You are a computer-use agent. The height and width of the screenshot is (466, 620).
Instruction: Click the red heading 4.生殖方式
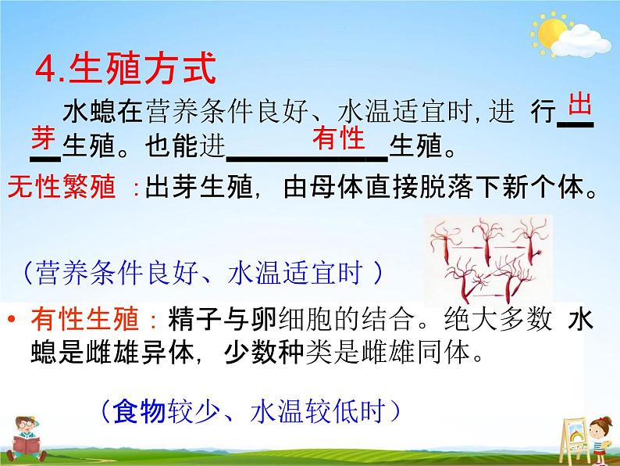tap(126, 69)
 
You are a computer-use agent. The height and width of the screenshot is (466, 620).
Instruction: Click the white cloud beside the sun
tap(581, 41)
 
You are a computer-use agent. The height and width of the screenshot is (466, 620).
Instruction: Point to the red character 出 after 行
tap(579, 104)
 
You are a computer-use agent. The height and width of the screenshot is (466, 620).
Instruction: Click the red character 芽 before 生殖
tap(44, 137)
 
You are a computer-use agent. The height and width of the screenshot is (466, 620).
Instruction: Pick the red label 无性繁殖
tap(62, 186)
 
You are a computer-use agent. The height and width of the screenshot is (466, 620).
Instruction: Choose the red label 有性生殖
tap(85, 319)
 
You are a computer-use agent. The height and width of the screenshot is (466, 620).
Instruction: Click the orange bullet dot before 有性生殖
tap(12, 319)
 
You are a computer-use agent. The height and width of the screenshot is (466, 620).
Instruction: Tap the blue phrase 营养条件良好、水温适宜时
tap(200, 272)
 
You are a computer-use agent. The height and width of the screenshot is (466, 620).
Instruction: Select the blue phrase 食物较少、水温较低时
tap(249, 411)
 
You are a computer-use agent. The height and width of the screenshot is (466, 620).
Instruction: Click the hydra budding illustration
tap(489, 260)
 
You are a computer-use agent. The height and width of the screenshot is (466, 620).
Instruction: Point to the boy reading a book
tap(25, 439)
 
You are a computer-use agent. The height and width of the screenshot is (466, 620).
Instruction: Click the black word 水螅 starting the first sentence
tap(89, 111)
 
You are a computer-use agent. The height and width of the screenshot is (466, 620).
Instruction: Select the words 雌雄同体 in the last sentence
tap(417, 352)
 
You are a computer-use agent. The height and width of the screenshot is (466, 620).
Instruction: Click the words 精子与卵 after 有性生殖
tap(223, 319)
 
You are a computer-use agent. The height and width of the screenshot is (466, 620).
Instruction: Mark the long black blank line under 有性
tap(307, 159)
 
